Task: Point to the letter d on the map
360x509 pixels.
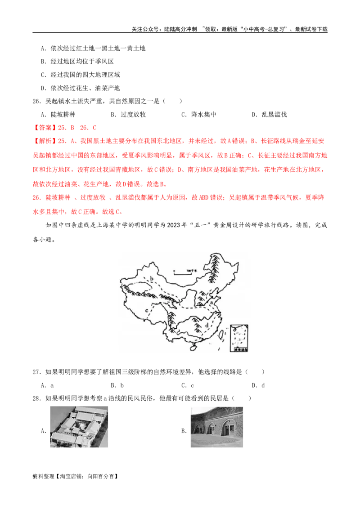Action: (x=206, y=324)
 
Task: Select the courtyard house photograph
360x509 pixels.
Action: (x=79, y=425)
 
